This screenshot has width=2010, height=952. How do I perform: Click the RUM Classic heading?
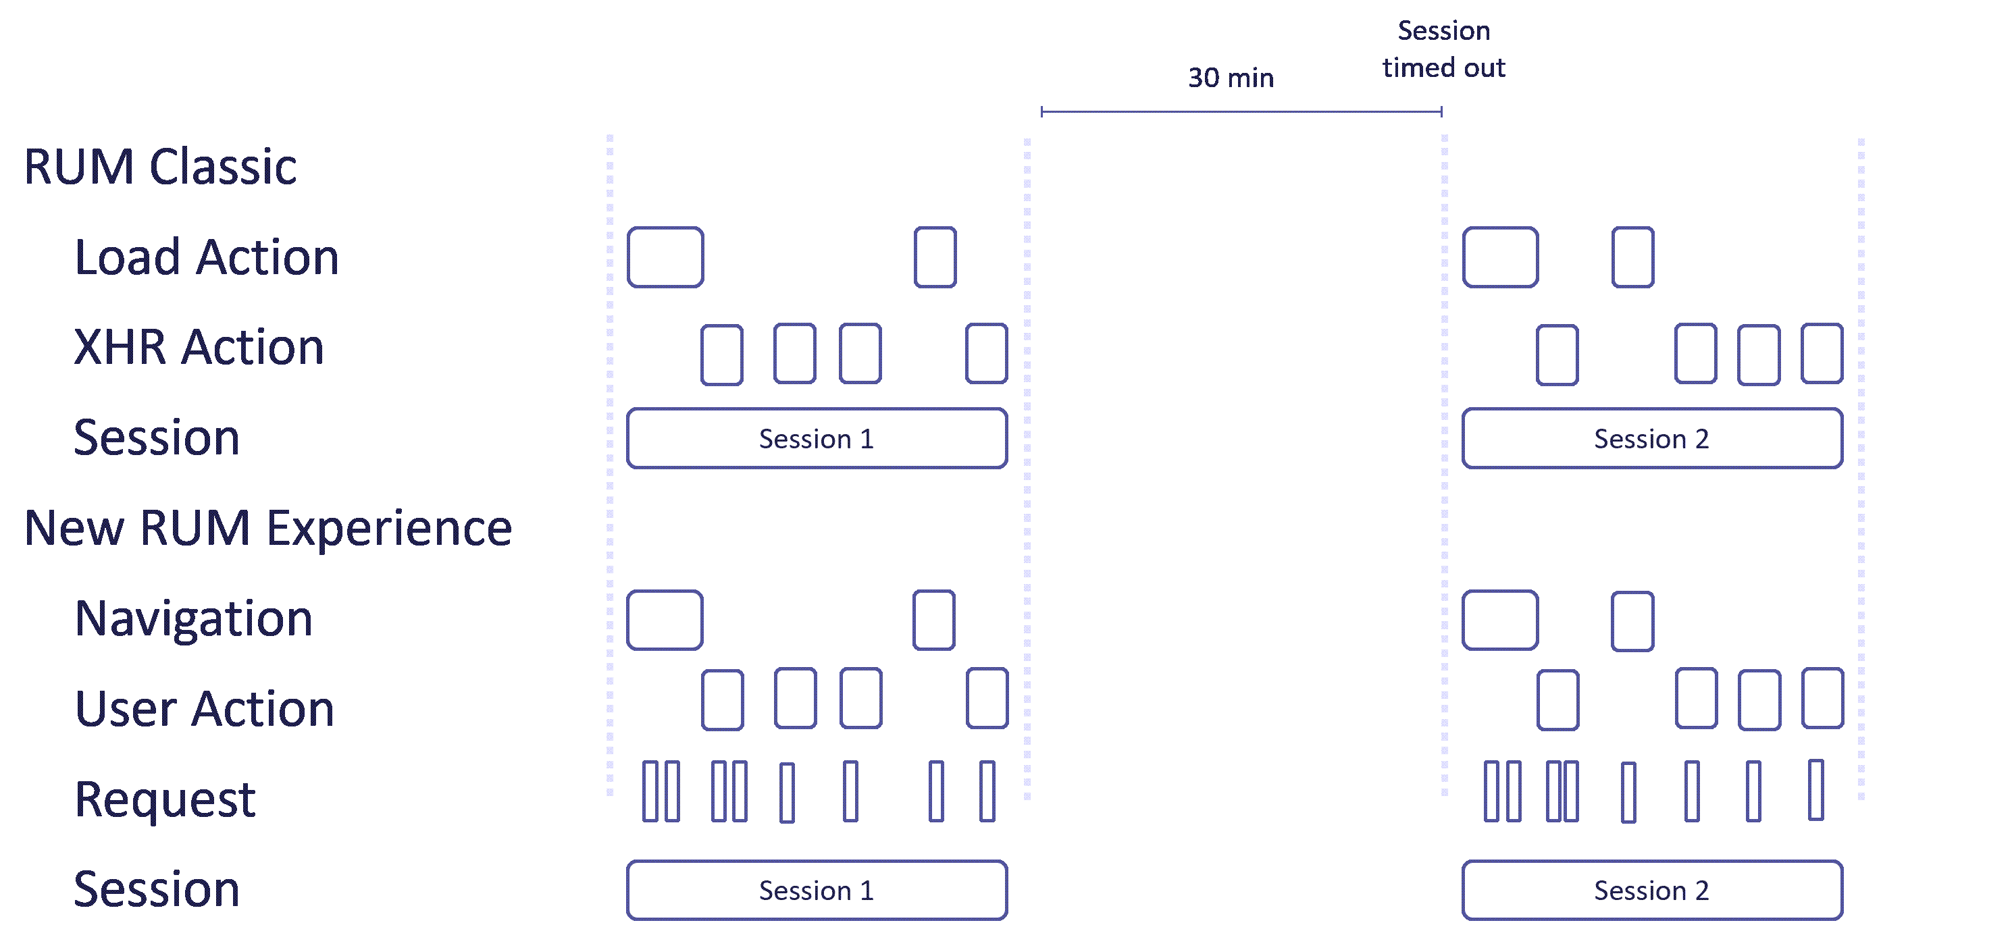(x=160, y=167)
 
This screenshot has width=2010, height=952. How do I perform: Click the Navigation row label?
(x=194, y=618)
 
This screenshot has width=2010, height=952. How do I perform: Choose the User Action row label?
(x=205, y=710)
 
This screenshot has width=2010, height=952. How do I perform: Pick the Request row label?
(x=165, y=800)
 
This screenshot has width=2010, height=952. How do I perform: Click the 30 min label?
(x=1231, y=78)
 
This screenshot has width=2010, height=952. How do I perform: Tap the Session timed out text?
(x=1443, y=49)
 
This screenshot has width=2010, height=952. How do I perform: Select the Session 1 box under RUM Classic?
(x=816, y=439)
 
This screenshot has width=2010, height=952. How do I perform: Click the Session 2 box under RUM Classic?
(x=1651, y=439)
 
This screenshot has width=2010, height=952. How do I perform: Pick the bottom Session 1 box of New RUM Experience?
(x=816, y=891)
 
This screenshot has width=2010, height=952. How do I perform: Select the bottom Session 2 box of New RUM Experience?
(x=1651, y=891)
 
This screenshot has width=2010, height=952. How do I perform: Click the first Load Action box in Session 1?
(x=665, y=257)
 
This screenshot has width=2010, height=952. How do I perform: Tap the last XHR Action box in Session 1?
(x=986, y=354)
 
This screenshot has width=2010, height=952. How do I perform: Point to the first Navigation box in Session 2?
(x=1499, y=620)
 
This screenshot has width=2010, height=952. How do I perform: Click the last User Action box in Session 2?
(x=1822, y=698)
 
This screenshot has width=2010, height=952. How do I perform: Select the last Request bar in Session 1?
(x=987, y=791)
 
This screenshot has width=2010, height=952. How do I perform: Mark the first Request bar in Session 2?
(x=1491, y=791)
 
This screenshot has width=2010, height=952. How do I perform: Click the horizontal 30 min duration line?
(x=1241, y=111)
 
